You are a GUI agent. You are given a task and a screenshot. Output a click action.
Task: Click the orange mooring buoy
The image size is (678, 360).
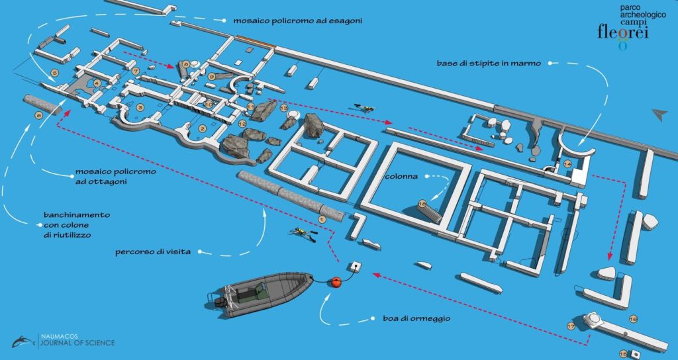click(336, 282)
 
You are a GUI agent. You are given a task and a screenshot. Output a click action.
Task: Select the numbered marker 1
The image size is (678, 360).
click(321, 220)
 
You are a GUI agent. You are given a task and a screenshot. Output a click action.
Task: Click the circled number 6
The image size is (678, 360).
click(38, 115)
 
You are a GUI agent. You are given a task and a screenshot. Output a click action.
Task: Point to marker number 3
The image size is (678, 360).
click(140, 107)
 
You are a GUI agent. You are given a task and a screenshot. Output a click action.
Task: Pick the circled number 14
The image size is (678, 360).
click(567, 164)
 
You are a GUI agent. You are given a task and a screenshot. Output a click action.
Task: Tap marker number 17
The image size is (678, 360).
click(571, 327)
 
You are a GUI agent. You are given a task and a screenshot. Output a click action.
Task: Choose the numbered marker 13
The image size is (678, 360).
click(284, 108)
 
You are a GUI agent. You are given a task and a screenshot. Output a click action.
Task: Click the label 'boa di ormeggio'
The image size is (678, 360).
click(416, 318)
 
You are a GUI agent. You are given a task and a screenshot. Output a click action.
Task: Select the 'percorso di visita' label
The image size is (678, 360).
click(153, 251)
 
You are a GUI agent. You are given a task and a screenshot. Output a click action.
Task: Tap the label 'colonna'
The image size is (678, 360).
click(401, 176)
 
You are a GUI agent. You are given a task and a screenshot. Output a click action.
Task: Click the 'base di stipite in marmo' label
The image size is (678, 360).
click(489, 64)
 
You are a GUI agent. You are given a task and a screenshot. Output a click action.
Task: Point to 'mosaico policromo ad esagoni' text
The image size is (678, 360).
click(297, 21)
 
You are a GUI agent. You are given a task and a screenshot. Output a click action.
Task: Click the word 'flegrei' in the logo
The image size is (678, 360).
click(623, 32)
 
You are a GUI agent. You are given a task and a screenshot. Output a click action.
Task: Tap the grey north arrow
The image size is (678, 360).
click(660, 114)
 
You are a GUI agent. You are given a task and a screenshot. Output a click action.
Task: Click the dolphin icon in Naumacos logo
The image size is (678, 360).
click(23, 341)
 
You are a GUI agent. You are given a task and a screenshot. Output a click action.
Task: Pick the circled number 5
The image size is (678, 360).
click(54, 73)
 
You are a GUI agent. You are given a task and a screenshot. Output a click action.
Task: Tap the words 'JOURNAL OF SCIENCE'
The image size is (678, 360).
click(78, 343)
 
